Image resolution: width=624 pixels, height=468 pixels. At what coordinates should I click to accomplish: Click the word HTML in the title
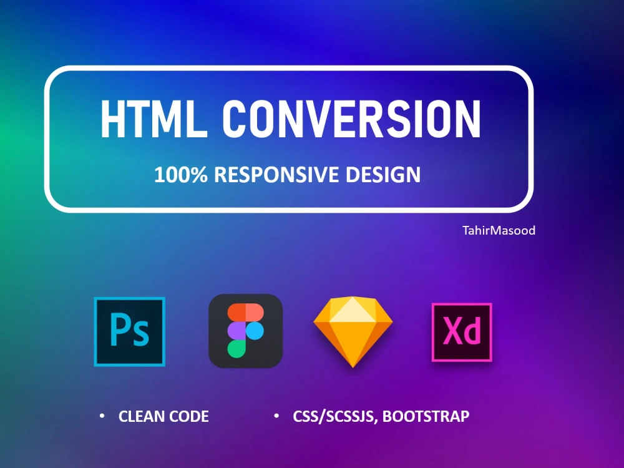tap(153, 120)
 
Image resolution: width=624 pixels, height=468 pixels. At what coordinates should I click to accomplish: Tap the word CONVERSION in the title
tap(352, 120)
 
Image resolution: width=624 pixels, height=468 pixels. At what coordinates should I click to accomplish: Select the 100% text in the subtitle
tap(181, 175)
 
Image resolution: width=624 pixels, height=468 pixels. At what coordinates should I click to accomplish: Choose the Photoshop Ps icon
tap(130, 331)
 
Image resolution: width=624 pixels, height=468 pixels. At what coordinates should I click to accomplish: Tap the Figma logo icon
tap(245, 331)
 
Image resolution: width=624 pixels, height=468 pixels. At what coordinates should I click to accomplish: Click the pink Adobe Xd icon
tap(462, 332)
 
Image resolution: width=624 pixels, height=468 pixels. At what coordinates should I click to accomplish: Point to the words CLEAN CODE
tap(163, 416)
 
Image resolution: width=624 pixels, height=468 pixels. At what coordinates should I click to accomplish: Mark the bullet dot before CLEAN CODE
tap(102, 415)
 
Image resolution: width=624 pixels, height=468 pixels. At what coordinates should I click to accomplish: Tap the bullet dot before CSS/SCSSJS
tap(276, 415)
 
